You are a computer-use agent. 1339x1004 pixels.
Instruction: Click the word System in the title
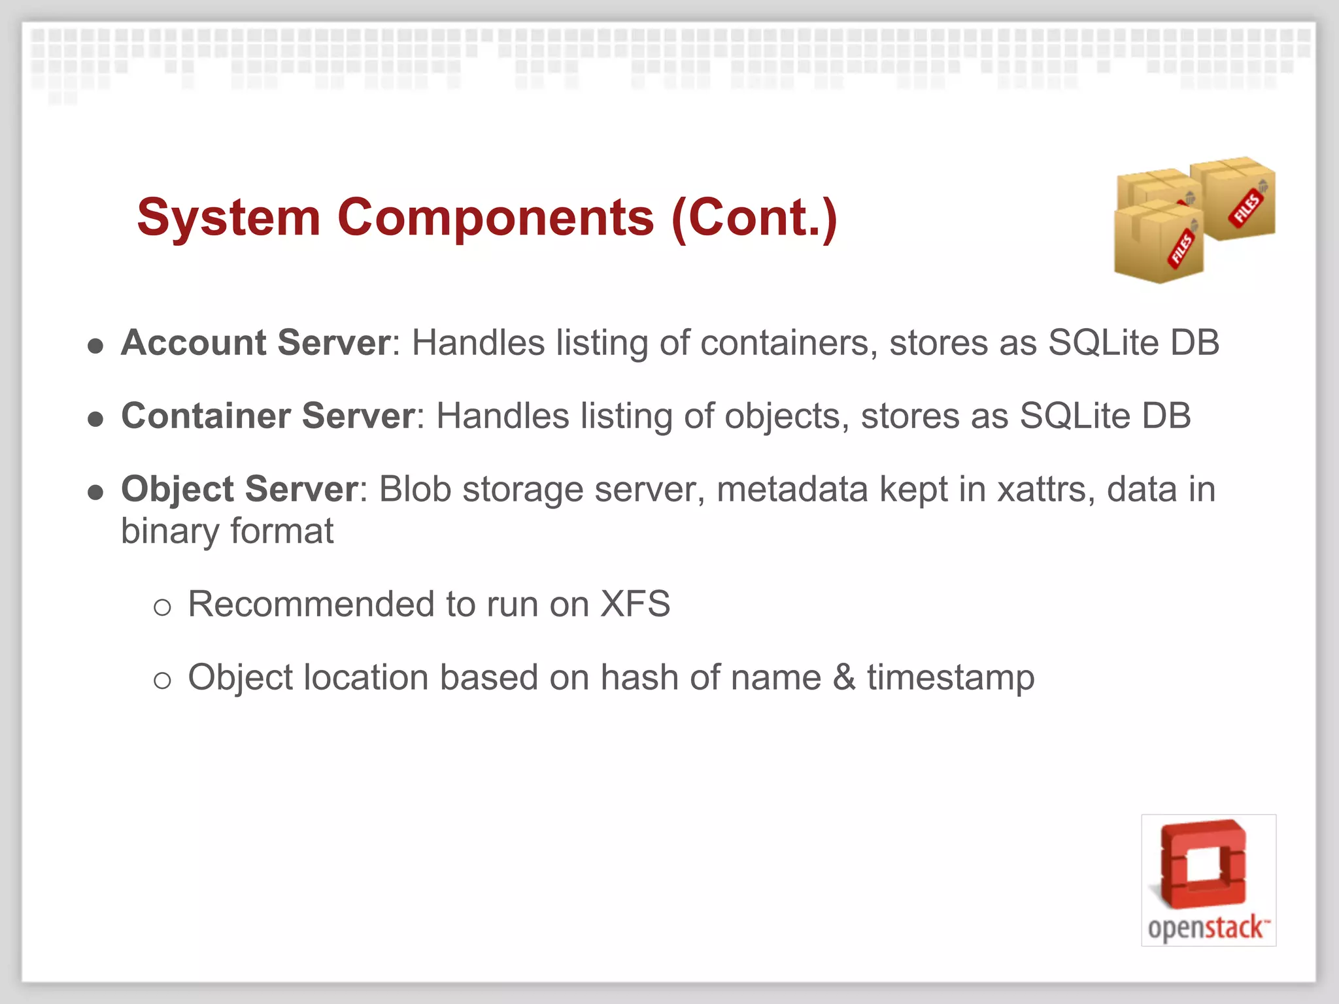[228, 218]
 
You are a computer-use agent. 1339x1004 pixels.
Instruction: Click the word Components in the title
[496, 218]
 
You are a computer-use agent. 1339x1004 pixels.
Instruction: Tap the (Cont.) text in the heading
[754, 218]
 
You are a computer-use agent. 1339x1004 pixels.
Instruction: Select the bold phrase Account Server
[256, 343]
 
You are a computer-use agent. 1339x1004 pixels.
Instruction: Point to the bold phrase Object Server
[239, 489]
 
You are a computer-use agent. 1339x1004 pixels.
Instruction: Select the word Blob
[415, 489]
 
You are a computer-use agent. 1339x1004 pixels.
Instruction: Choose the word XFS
[635, 604]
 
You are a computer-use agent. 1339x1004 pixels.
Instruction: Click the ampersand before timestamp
[844, 677]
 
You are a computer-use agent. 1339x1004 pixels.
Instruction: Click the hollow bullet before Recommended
[162, 607]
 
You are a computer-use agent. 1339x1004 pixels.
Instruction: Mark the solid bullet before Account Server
[96, 346]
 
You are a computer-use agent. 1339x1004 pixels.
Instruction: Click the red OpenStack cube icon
[1204, 864]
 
